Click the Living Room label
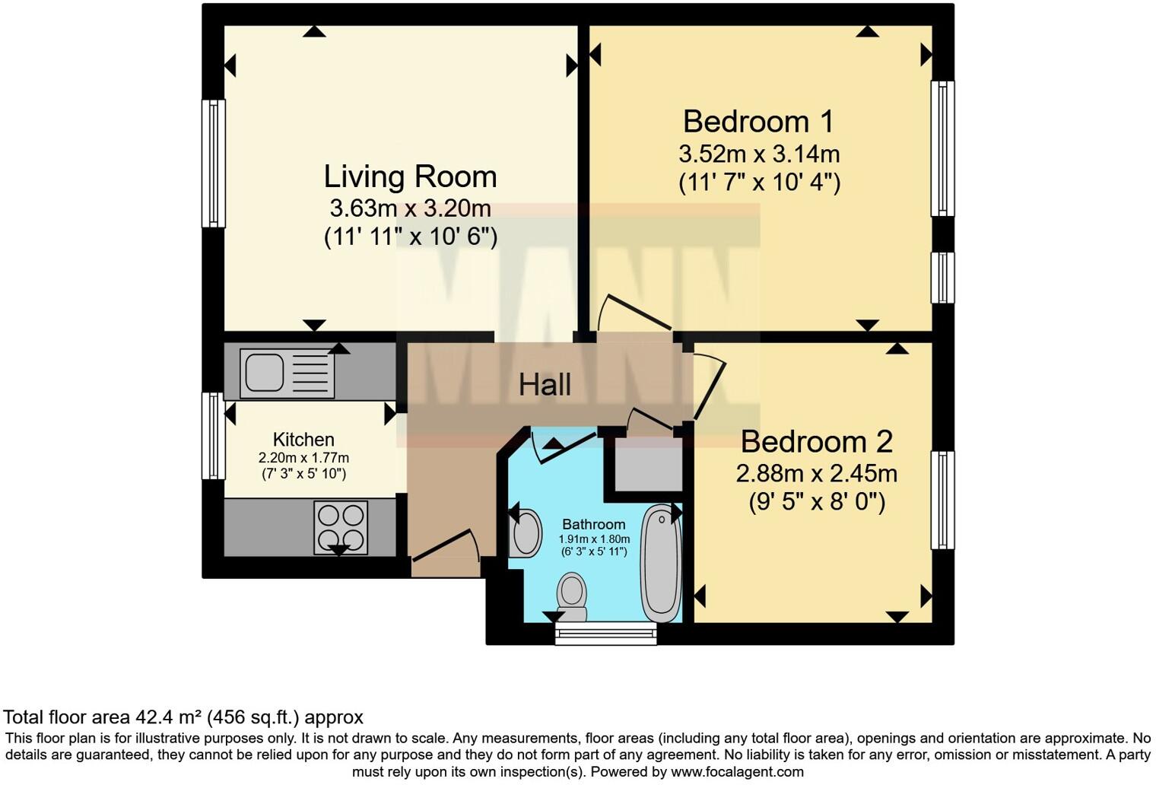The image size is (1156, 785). [410, 176]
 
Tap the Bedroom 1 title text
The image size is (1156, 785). [758, 122]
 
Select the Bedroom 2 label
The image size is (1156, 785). [816, 442]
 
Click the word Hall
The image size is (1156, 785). [545, 385]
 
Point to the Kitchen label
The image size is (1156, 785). [303, 440]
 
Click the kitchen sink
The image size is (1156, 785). [287, 373]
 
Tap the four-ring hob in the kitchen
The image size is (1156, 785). [341, 527]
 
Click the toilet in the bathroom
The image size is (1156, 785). [572, 597]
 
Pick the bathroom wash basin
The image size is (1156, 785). [526, 534]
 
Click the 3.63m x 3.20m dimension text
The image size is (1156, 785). [410, 208]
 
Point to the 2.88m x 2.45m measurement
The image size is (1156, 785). [816, 474]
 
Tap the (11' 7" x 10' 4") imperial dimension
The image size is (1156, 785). [759, 183]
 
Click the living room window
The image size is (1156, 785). [213, 164]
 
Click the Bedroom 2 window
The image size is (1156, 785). [943, 500]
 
